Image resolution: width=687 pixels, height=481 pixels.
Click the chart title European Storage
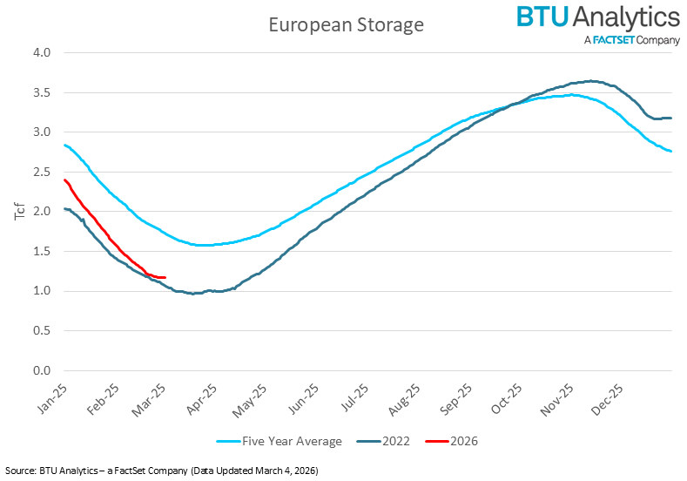pos(345,24)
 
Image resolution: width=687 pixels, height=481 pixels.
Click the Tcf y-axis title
pos(21,210)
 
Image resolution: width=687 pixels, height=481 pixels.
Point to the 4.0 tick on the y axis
pos(41,53)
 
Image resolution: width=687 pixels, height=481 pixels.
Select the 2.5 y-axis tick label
pos(41,172)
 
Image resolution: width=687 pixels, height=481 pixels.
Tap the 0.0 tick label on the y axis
pos(41,370)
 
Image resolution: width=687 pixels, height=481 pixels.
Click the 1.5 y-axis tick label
pos(41,251)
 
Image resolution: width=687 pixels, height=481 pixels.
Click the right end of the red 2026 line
pos(165,278)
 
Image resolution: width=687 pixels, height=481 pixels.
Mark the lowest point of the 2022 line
pos(194,294)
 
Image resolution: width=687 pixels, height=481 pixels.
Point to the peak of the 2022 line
pos(590,81)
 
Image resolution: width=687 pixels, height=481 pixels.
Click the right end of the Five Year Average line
pos(670,152)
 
